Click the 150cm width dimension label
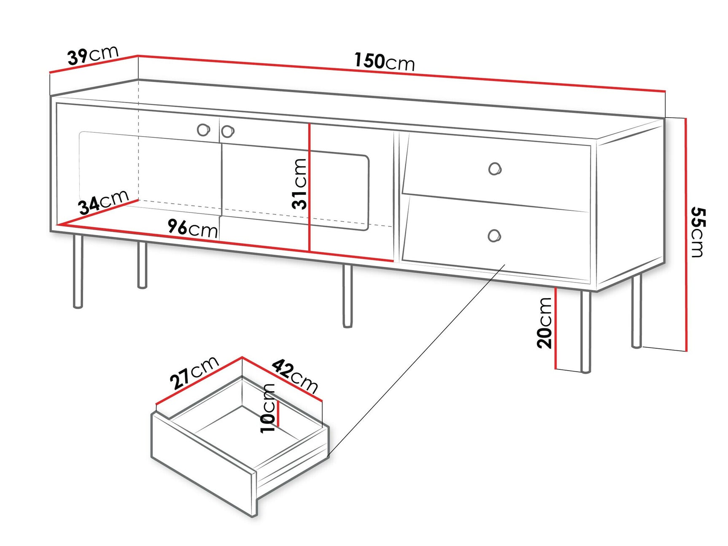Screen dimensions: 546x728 [384, 62]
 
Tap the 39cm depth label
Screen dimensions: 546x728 [93, 55]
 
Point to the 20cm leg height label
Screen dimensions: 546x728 [545, 323]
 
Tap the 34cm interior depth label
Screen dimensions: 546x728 [103, 202]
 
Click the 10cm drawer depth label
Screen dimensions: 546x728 [268, 408]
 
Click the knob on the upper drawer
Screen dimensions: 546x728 [495, 169]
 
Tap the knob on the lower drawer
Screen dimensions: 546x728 [494, 235]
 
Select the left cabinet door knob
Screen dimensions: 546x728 [203, 130]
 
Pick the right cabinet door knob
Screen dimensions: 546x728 [228, 132]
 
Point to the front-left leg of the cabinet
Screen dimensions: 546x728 [78, 272]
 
